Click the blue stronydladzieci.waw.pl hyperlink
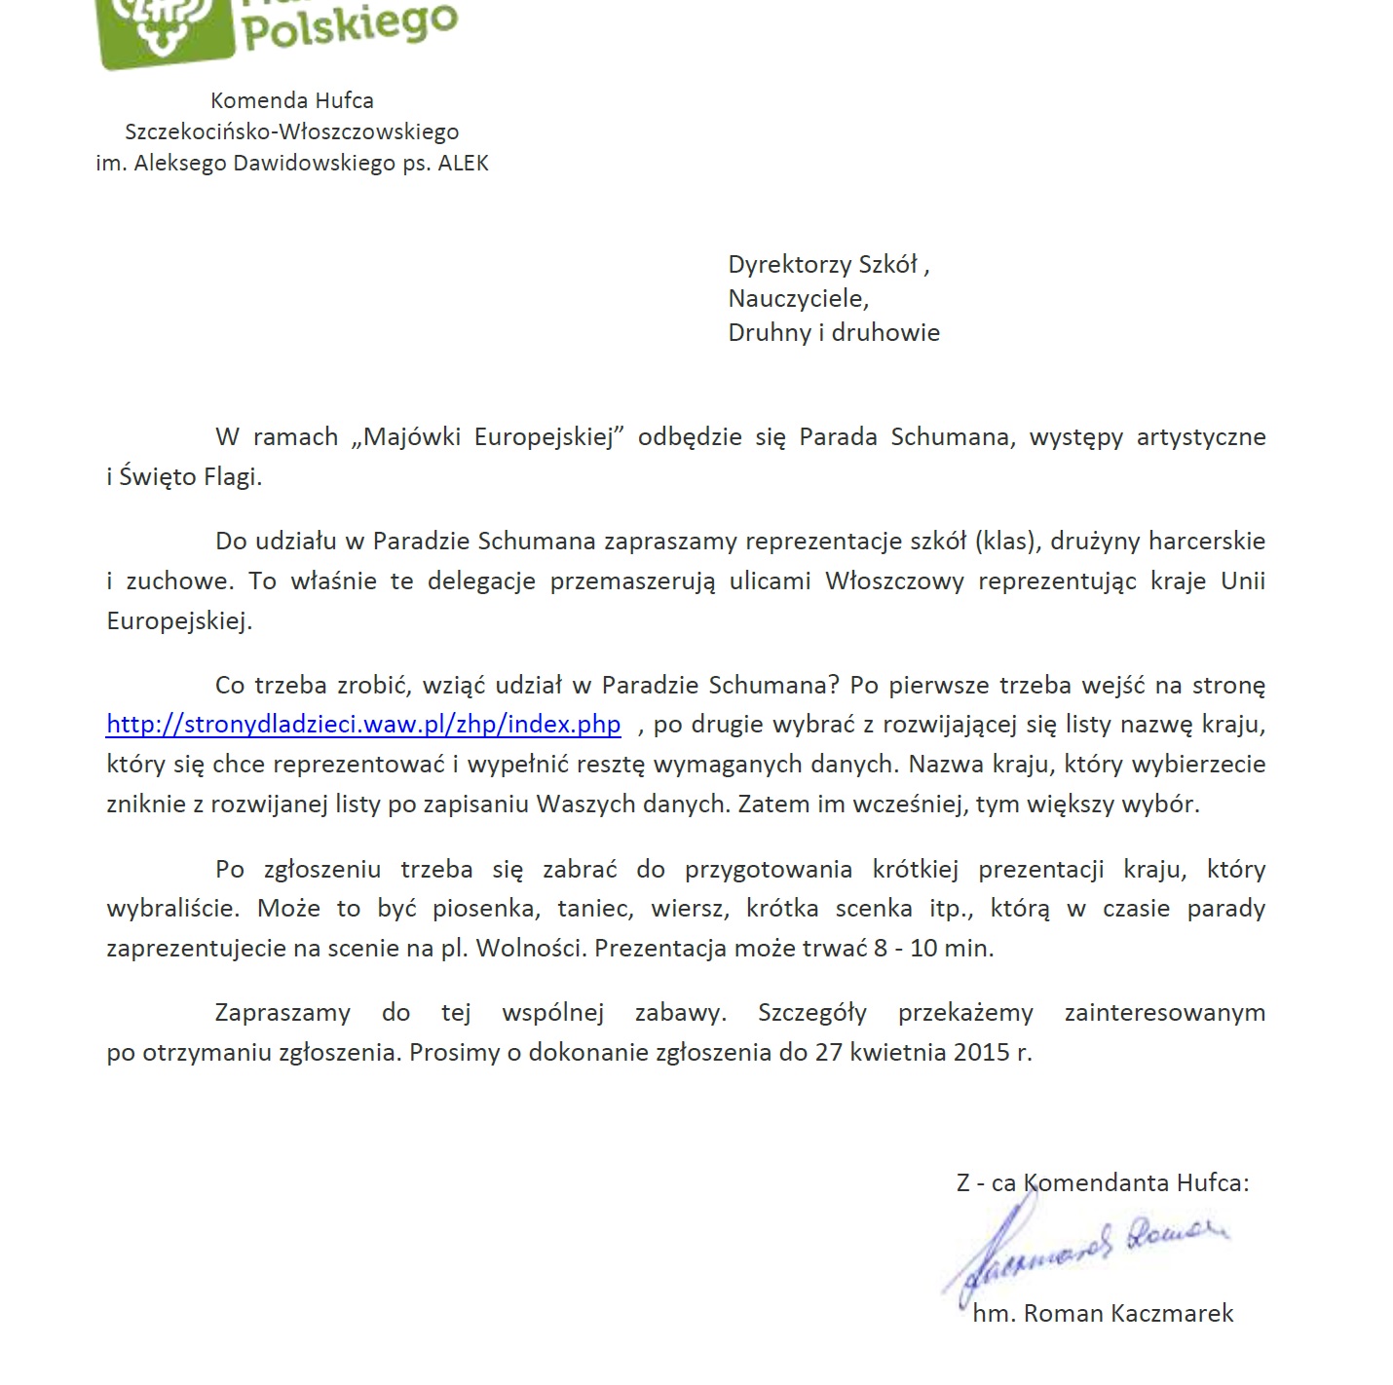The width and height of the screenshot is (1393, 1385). (362, 725)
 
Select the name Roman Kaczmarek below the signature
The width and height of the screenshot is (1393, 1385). (1128, 1313)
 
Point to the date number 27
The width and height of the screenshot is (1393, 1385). (828, 1052)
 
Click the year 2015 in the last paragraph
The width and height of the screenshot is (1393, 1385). (981, 1052)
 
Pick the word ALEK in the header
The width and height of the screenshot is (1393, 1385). (463, 163)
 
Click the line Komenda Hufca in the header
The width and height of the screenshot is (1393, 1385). (291, 100)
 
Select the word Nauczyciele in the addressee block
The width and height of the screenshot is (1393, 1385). (796, 298)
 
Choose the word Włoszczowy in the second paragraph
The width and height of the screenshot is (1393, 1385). (894, 580)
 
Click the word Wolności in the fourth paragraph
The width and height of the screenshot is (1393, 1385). (530, 948)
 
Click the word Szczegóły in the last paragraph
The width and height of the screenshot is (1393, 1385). (812, 1012)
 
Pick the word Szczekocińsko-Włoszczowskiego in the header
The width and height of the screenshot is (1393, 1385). (291, 131)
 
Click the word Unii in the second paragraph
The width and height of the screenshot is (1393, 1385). (1243, 580)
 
